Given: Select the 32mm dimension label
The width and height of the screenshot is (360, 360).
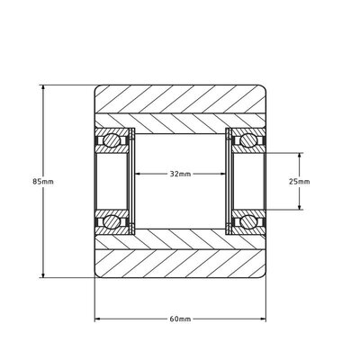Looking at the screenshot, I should pyautogui.click(x=180, y=173).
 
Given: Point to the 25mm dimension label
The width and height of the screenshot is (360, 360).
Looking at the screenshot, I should pyautogui.click(x=300, y=181).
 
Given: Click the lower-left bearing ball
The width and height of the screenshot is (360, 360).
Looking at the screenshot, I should pyautogui.click(x=114, y=221).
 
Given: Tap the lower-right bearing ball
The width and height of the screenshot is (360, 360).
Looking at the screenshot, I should pyautogui.click(x=246, y=221).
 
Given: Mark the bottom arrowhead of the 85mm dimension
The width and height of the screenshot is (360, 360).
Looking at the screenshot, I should pyautogui.click(x=42, y=274).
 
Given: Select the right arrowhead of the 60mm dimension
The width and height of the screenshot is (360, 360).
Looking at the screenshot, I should pyautogui.click(x=265, y=319).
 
